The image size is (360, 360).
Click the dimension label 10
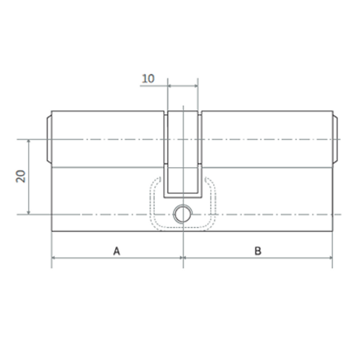point(148,79)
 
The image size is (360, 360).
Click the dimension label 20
point(21,176)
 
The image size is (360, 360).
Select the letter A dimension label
point(117,251)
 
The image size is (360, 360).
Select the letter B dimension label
point(258,251)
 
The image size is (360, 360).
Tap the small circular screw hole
point(183,214)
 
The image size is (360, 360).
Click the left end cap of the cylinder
point(49,139)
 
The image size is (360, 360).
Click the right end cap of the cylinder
point(335,139)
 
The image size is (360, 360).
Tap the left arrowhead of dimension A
point(54,258)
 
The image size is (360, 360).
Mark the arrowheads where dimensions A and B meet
point(183,258)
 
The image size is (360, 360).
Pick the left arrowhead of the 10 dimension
point(170,85)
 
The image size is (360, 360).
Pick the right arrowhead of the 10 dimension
point(196,85)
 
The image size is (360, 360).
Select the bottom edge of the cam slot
point(182,196)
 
